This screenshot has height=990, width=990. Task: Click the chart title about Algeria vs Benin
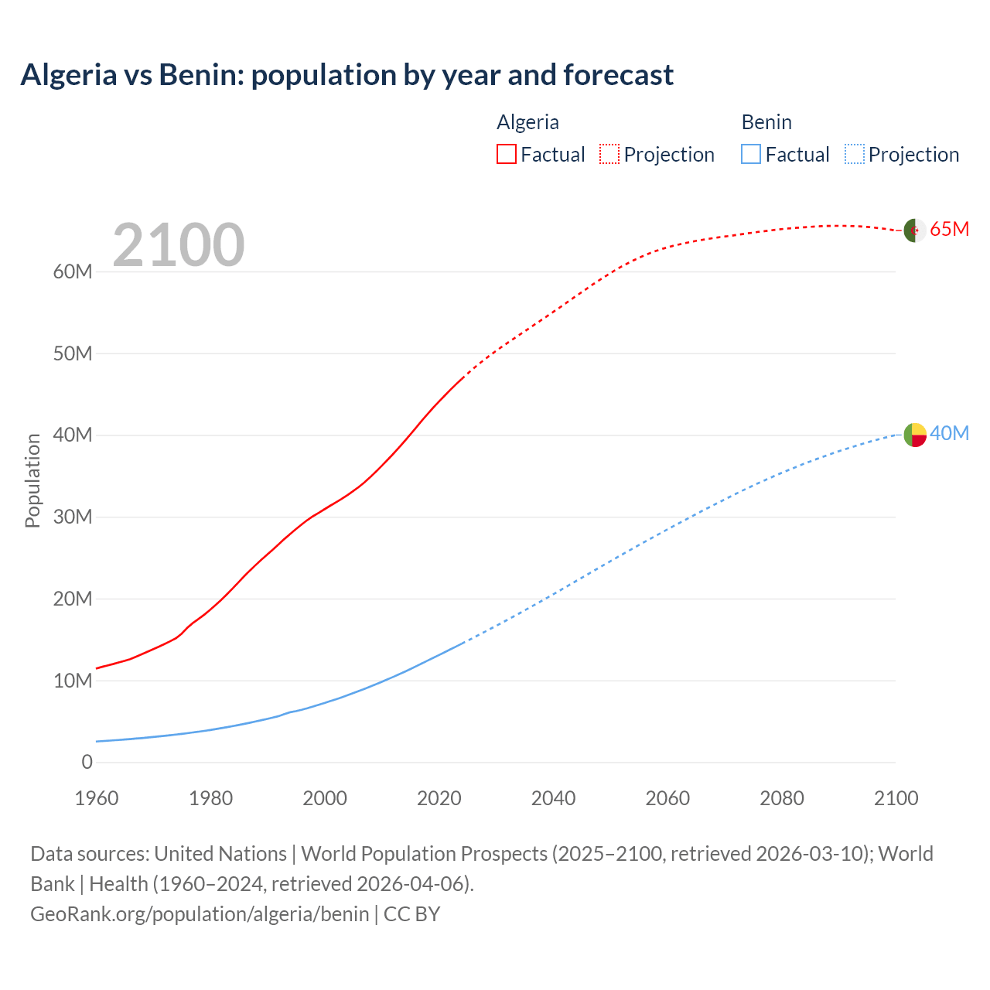[347, 75]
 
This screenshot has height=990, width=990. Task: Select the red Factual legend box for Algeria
[506, 154]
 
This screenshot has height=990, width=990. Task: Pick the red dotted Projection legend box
[609, 154]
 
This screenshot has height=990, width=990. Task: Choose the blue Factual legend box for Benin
[751, 154]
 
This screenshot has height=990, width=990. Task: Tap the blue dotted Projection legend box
[855, 154]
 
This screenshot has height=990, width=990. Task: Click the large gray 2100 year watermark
[179, 245]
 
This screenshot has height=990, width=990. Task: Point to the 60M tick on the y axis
[73, 271]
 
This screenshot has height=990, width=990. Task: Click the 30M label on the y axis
[73, 517]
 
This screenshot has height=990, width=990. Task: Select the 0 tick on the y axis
[87, 762]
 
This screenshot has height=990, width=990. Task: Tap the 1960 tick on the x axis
[97, 798]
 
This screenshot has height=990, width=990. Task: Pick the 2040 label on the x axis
[553, 798]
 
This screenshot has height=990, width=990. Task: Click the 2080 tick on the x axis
[782, 798]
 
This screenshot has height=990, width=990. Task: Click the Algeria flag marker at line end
[915, 230]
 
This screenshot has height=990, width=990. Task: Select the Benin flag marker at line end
[915, 435]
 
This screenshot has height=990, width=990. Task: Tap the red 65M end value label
[949, 230]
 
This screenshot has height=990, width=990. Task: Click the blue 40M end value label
[949, 434]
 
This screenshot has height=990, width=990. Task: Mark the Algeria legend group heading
[527, 122]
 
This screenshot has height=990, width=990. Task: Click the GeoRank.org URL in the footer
[200, 913]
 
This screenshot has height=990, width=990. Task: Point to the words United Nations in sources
[220, 854]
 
